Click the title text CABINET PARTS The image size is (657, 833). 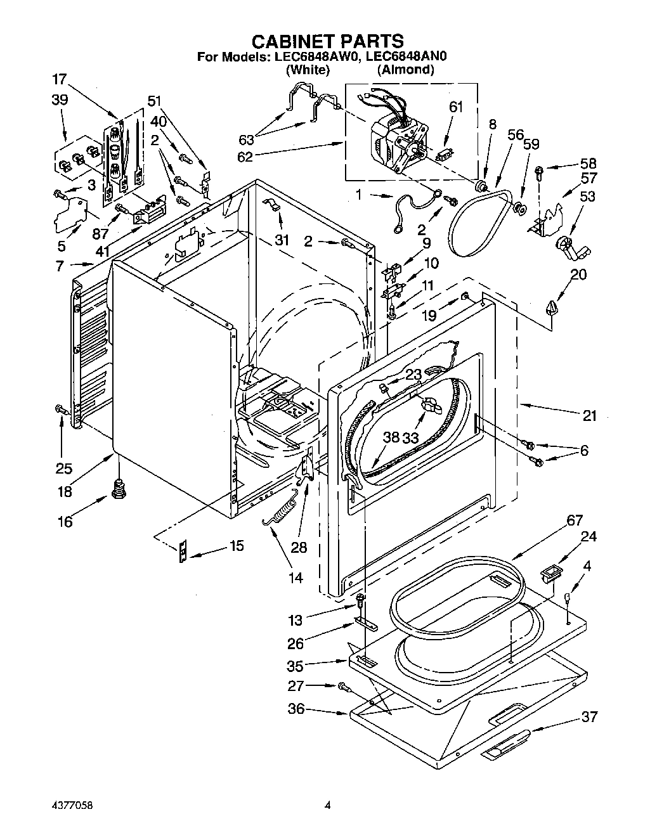(x=327, y=41)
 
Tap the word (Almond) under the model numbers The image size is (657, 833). (x=405, y=70)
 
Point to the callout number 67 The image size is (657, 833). (x=574, y=520)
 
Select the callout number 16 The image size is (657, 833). (x=65, y=522)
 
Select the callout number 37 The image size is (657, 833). (x=589, y=717)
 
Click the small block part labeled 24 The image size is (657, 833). (x=549, y=574)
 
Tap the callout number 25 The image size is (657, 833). (x=63, y=468)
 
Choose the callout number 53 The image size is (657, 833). (x=587, y=196)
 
